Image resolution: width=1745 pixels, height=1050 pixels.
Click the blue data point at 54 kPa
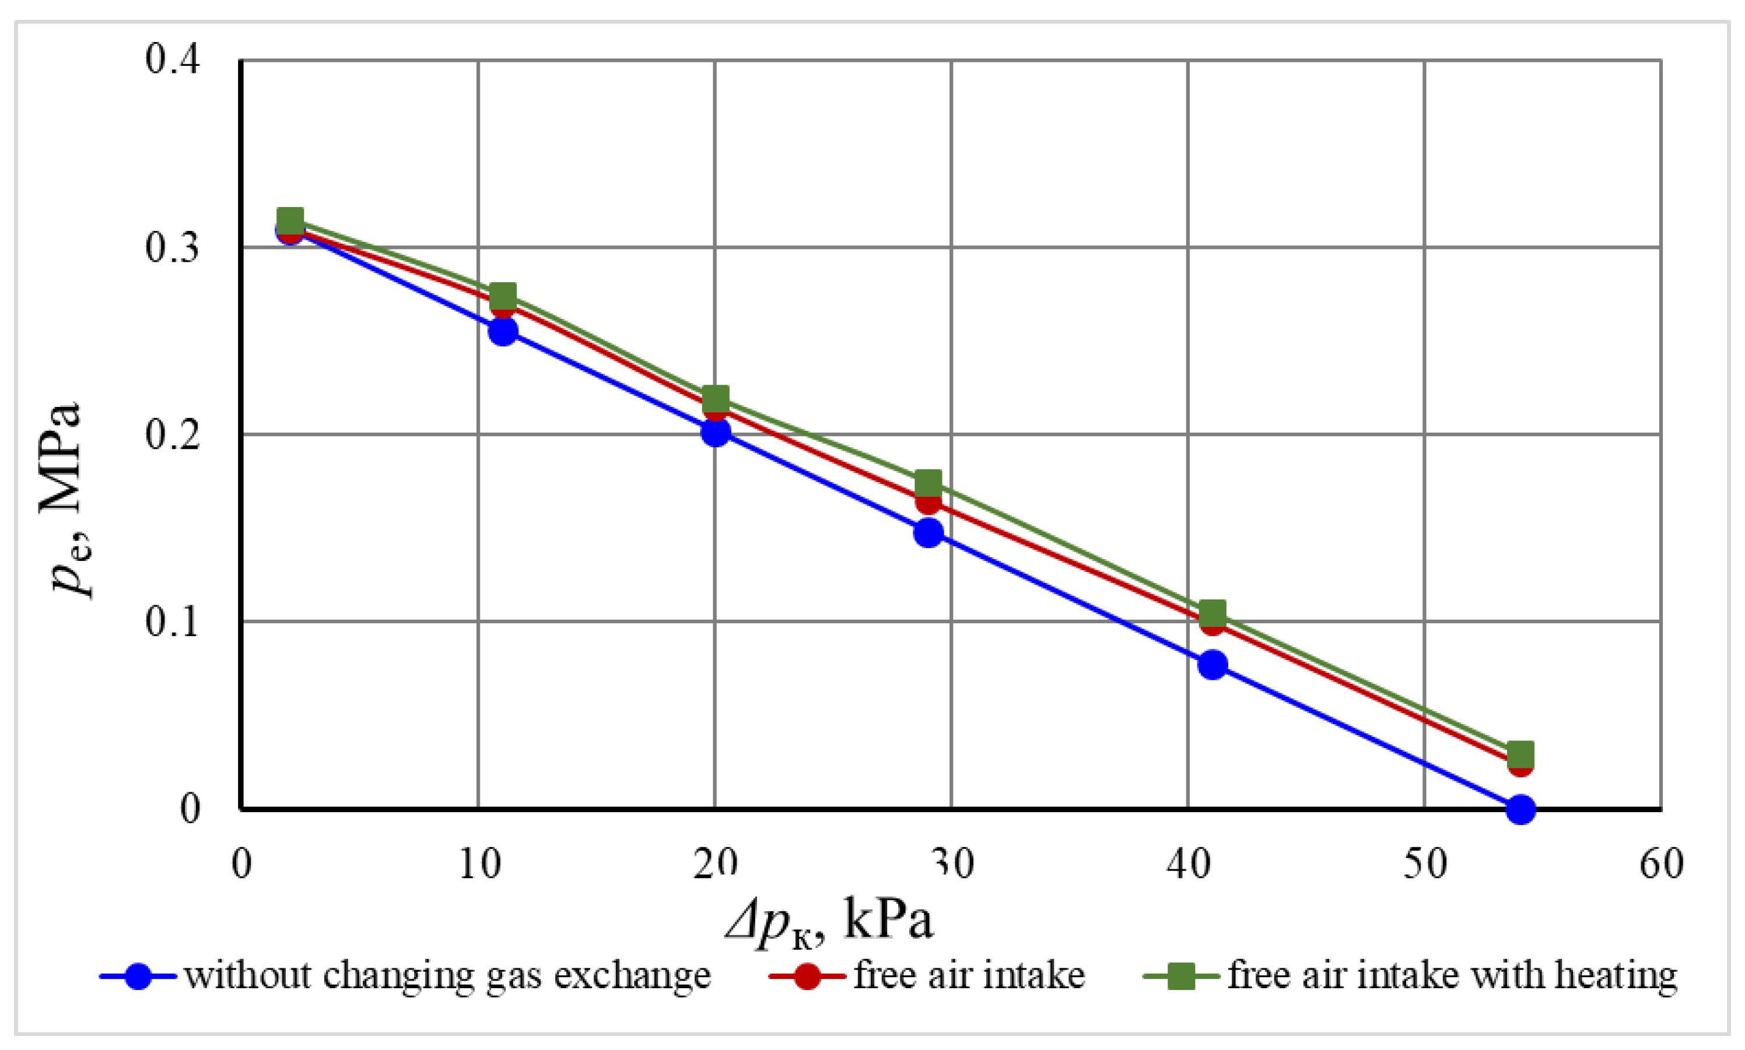(1520, 809)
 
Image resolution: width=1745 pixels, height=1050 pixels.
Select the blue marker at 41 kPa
(1212, 665)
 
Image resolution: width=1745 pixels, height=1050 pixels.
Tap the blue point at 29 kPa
(928, 532)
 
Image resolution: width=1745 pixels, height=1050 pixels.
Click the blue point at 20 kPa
(716, 431)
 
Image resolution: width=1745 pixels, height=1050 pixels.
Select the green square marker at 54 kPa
(1520, 754)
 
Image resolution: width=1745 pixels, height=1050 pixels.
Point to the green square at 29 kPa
(928, 484)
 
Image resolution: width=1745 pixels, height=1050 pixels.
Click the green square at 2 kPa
(290, 221)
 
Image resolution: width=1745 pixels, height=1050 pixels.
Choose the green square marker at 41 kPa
(1212, 612)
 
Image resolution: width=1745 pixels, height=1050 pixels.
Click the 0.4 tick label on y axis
(173, 59)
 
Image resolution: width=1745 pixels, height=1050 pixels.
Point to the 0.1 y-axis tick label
(173, 621)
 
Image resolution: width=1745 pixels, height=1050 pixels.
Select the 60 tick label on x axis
(1662, 864)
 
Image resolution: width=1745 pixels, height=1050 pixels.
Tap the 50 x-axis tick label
(1424, 864)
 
